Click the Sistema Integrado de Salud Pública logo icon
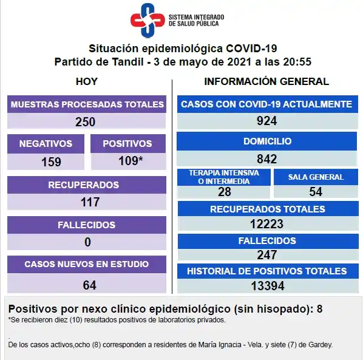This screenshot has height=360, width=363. coord(148,20)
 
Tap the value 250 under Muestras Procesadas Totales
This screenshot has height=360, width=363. coord(86,121)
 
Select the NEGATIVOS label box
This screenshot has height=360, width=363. coord(46,144)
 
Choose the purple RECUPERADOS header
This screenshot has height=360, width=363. coord(86,185)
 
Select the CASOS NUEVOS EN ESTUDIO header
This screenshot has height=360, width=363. coord(86,265)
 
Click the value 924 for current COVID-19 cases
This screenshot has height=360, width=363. coord(266,121)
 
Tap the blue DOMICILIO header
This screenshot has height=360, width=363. coord(266,141)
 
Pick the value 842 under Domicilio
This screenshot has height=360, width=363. coord(266,159)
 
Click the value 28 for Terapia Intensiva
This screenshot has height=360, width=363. coord(224,192)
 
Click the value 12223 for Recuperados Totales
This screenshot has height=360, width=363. coord(266,224)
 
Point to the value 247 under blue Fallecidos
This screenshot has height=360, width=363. coord(266,255)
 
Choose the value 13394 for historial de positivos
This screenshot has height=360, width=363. coord(266,285)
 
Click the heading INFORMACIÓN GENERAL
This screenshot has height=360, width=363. coord(266,81)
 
